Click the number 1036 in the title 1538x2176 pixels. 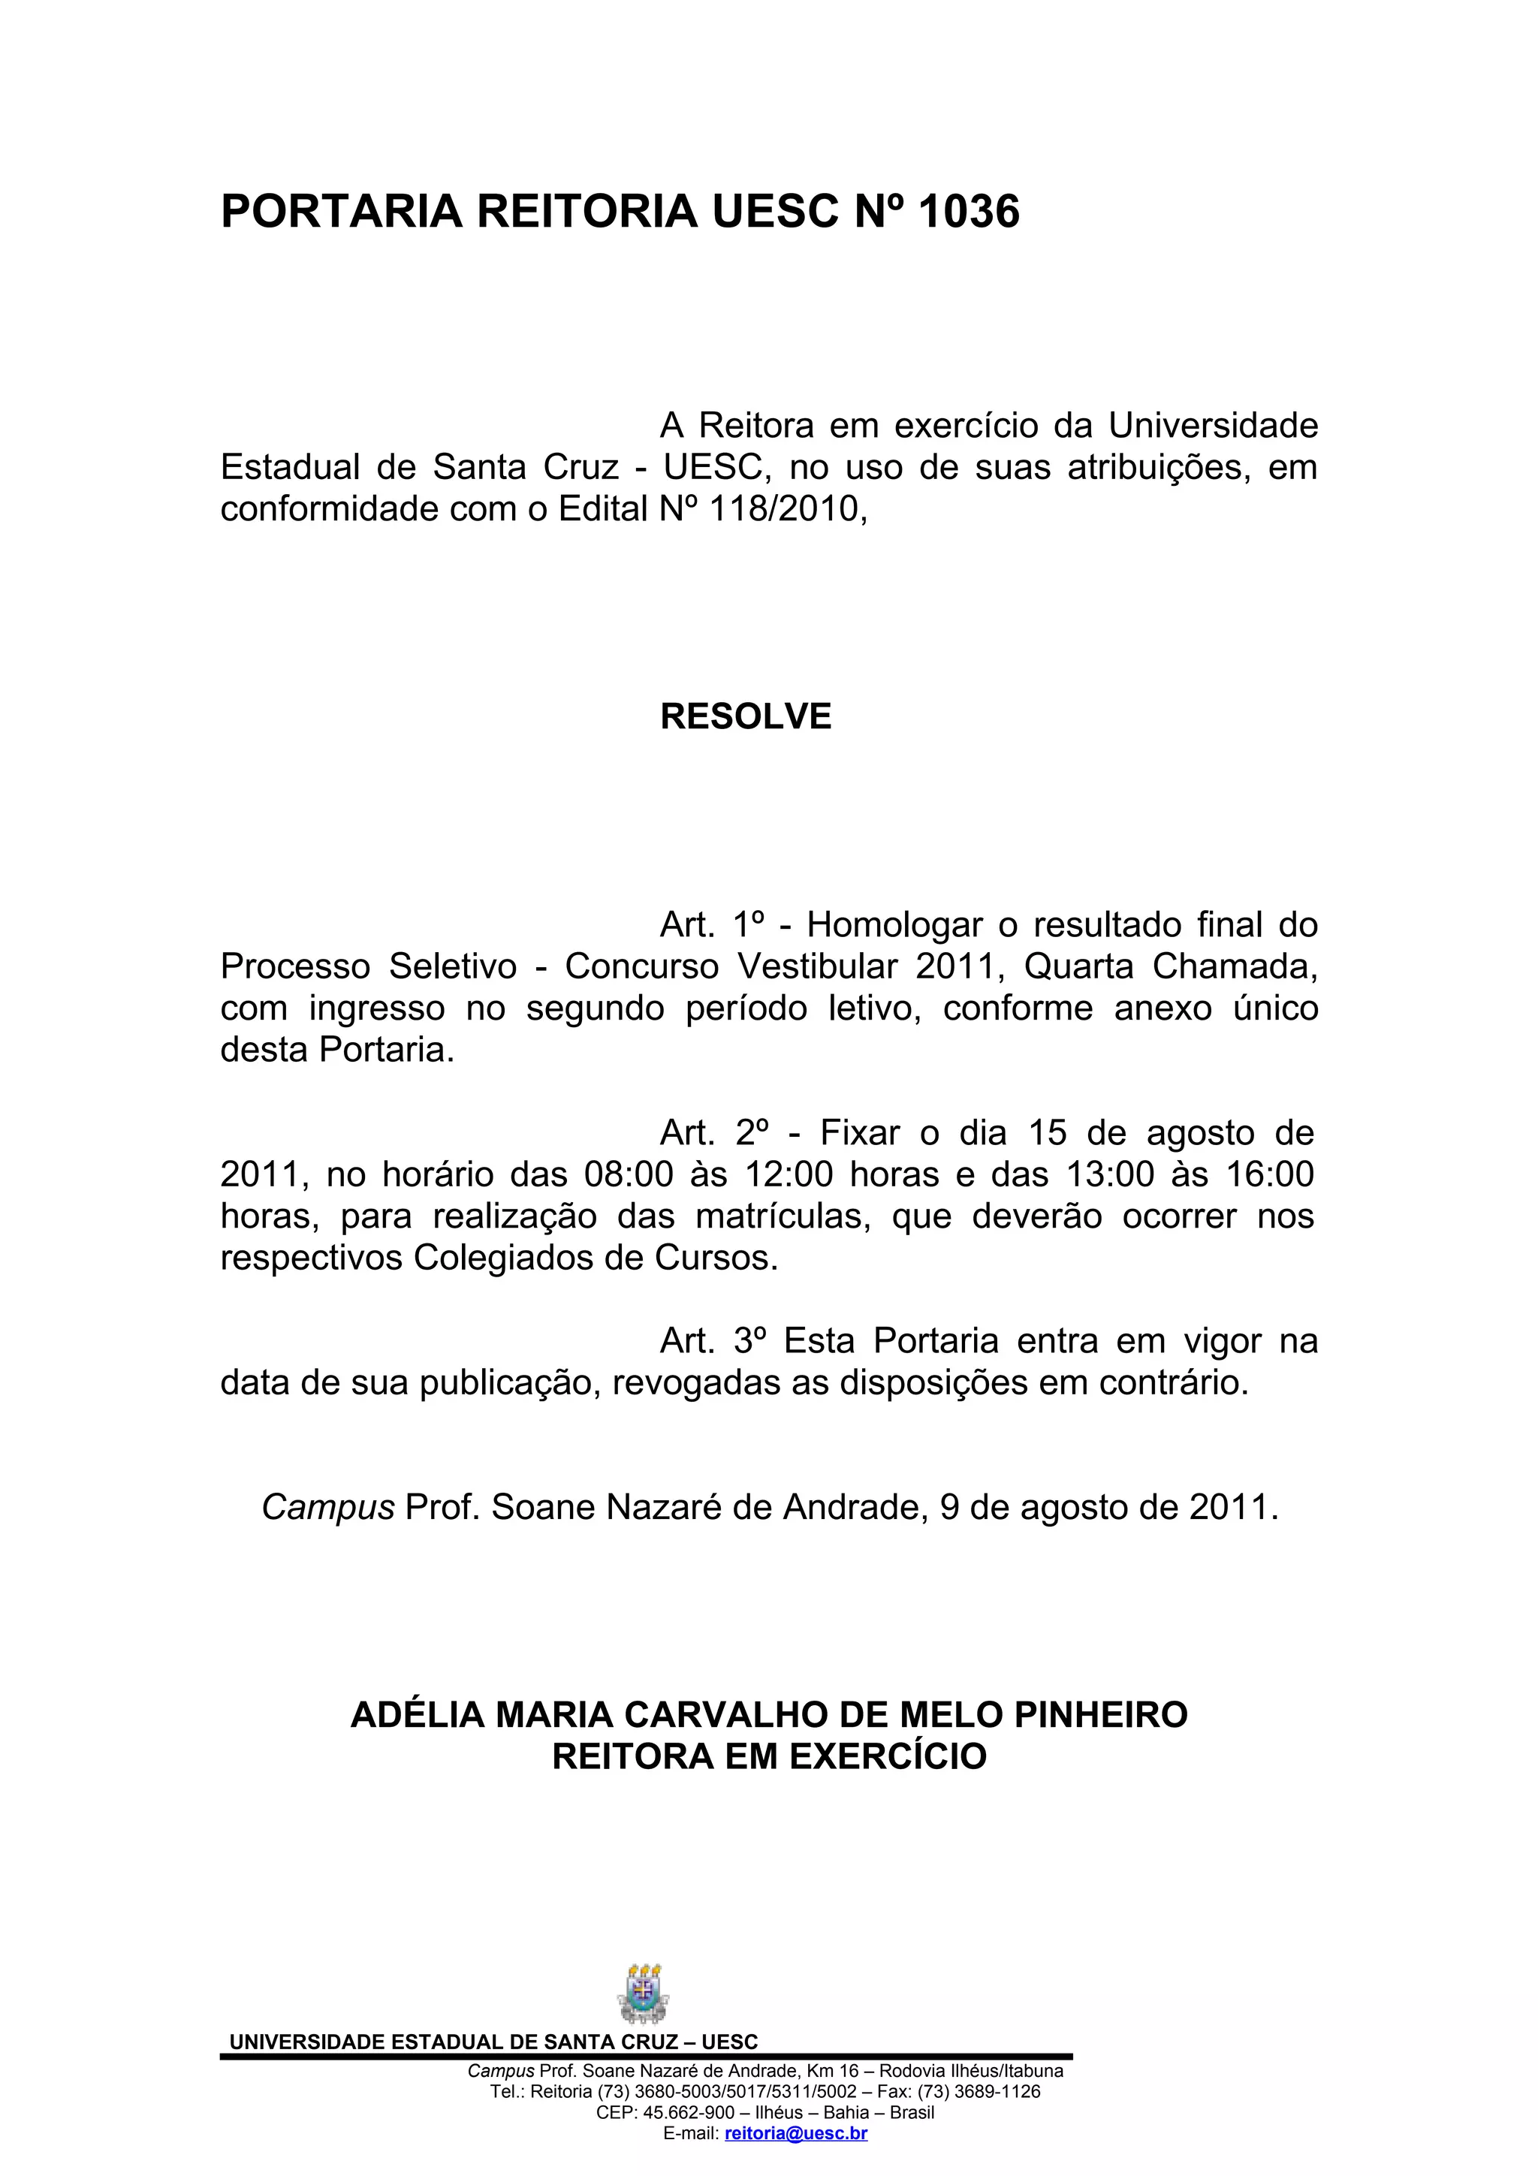tap(969, 211)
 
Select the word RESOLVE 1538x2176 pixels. tap(745, 716)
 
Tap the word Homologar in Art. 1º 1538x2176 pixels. tap(909, 924)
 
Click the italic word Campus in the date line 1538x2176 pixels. tap(328, 1507)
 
